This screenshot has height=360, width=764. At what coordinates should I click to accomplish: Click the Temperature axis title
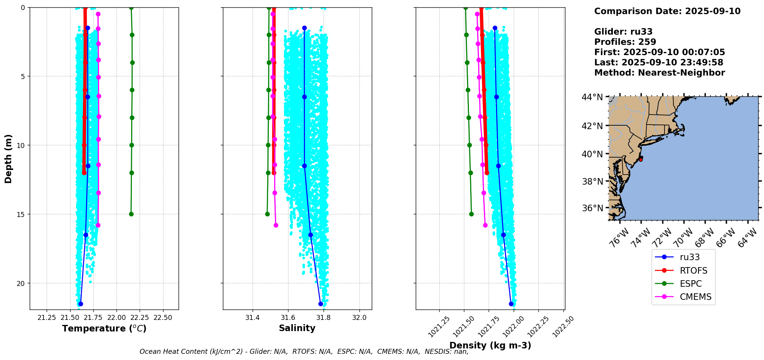(104, 328)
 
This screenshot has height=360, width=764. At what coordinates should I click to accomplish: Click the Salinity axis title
(297, 328)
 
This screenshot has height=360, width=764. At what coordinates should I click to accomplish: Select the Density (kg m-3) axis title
(490, 345)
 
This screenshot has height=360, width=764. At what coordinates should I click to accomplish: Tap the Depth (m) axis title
(8, 158)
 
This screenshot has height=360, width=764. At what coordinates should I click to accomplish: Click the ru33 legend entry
(690, 257)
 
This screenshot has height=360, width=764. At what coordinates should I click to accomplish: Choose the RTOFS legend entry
(693, 271)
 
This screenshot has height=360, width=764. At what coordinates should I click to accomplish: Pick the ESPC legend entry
(690, 284)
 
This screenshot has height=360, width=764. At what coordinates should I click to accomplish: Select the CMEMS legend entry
(695, 297)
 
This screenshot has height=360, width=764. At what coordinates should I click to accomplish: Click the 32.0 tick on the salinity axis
(359, 318)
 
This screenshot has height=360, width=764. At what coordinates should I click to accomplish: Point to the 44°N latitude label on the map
(592, 97)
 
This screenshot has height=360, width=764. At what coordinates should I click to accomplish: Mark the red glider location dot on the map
(641, 158)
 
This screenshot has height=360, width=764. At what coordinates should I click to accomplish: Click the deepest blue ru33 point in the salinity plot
(320, 304)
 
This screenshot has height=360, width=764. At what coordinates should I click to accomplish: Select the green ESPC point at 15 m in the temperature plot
(131, 214)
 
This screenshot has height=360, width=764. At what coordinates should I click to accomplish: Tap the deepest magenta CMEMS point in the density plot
(485, 225)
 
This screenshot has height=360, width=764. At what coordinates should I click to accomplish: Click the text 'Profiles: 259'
(625, 42)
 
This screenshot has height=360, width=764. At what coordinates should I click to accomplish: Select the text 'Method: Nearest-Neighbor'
(659, 73)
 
